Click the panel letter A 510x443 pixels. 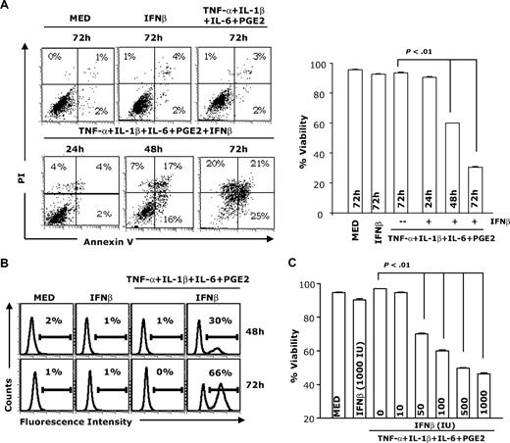click(x=7, y=9)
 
